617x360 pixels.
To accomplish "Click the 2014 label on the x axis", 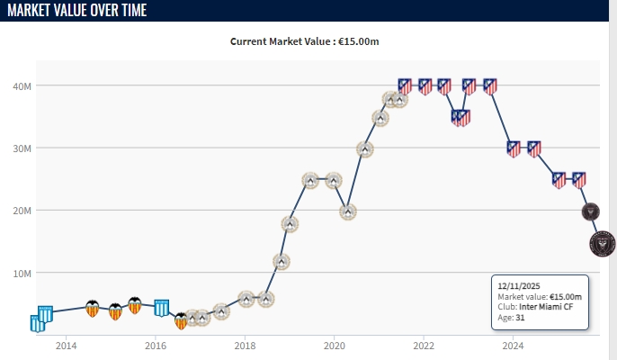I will (66, 345).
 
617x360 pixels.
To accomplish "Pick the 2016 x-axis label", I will (156, 345).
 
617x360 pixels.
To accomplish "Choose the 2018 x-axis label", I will (245, 345).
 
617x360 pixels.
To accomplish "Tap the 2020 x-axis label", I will (335, 345).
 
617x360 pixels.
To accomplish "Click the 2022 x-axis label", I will (424, 345).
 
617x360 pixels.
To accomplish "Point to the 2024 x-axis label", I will (514, 345).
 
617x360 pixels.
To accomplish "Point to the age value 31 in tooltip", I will (520, 319).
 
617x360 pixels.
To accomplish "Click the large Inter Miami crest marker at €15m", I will (603, 243).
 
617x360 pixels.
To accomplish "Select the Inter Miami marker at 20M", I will (590, 211).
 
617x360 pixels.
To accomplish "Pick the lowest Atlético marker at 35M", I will (461, 117).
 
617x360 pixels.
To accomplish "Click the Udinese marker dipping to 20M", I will (348, 211).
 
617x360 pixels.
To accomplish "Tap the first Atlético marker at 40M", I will (405, 86).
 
